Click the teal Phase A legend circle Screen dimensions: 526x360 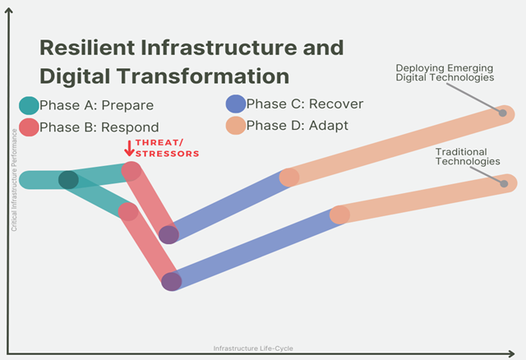[29, 105]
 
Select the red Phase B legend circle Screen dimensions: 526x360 [29, 127]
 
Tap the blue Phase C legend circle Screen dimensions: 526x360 [236, 104]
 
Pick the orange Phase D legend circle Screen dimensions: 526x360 [236, 126]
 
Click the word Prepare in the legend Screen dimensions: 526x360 [127, 105]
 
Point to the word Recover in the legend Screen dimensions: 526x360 [336, 104]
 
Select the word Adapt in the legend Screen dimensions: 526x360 [329, 126]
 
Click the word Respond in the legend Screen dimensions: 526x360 [130, 127]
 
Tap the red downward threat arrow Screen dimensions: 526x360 [129, 148]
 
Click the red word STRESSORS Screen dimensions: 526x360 [168, 154]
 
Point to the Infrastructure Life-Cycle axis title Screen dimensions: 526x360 [253, 348]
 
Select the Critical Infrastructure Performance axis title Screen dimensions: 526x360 [14, 180]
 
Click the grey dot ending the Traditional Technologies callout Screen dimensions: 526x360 [504, 183]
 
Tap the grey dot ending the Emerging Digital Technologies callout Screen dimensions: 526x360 [502, 113]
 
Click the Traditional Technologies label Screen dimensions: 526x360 [468, 157]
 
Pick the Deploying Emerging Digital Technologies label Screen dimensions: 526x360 [445, 73]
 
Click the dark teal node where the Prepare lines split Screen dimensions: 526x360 [68, 180]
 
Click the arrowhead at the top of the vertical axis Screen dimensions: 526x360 [9, 11]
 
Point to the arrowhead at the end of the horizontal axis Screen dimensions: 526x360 [511, 353]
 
